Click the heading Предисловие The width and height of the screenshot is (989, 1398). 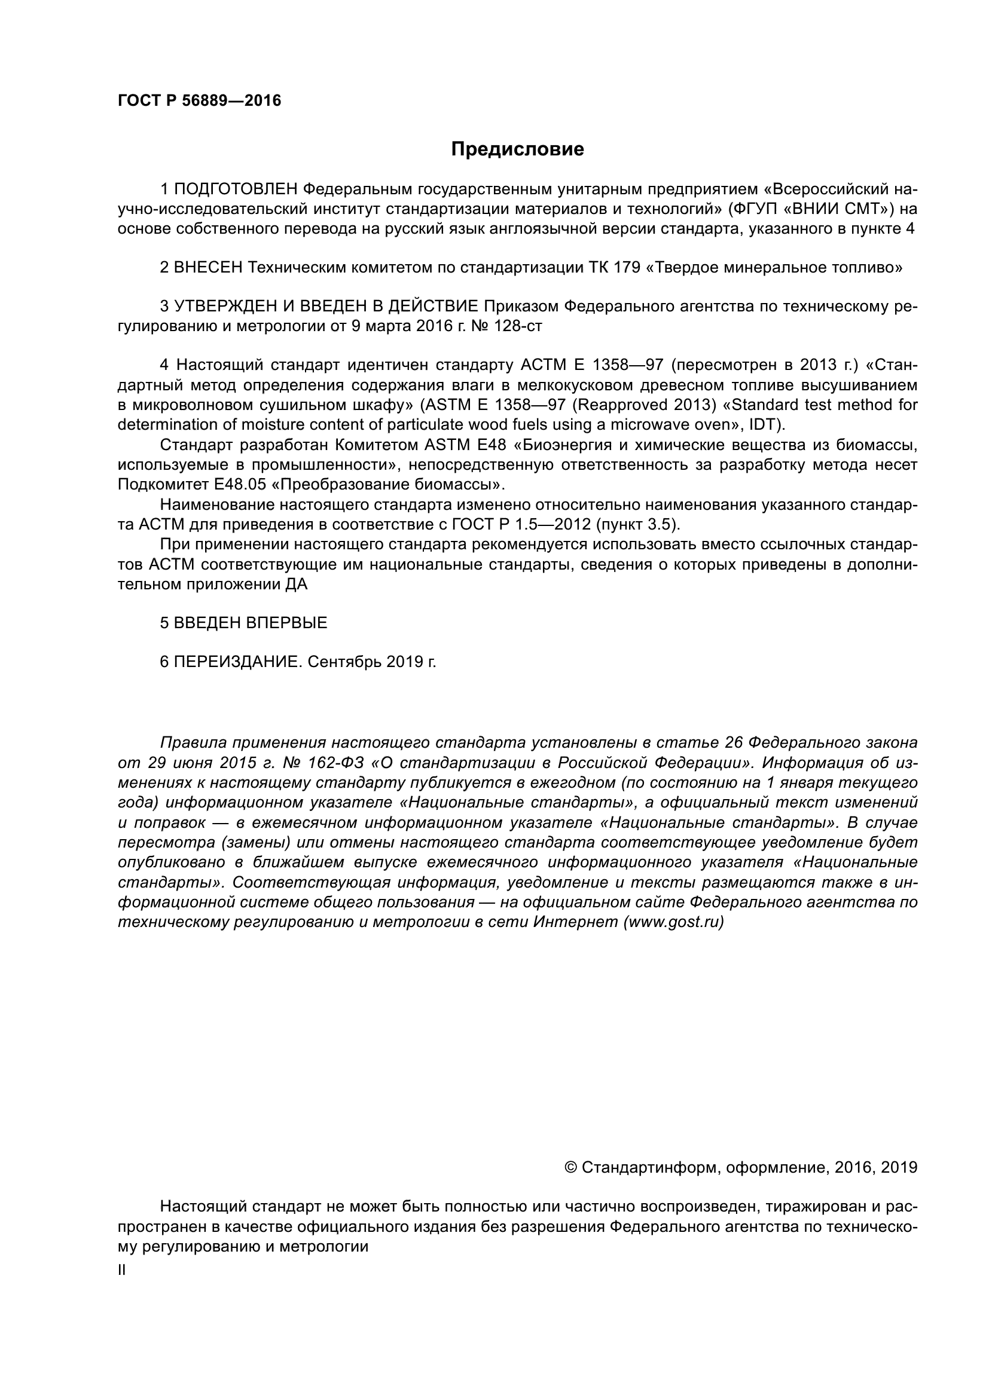(517, 149)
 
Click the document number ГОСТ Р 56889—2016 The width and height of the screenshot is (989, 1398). (199, 100)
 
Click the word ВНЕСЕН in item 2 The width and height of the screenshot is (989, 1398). (208, 267)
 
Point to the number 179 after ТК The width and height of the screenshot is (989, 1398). (627, 267)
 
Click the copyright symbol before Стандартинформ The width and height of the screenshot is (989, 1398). (571, 1167)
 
